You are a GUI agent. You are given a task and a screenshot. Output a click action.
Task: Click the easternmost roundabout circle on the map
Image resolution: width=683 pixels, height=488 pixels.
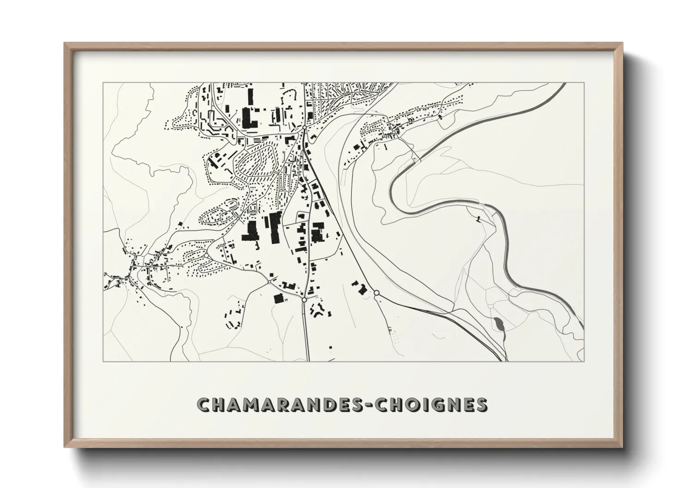tap(376, 292)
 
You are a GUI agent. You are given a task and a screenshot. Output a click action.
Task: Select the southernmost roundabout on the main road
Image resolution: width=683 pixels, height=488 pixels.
tap(304, 299)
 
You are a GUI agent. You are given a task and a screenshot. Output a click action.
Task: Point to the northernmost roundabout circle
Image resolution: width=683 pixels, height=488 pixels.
tap(305, 127)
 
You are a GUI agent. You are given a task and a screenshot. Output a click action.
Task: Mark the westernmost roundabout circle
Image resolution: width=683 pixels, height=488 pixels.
tap(269, 281)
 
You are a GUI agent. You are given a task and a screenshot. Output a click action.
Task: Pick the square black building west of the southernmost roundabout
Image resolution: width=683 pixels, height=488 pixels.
tap(278, 298)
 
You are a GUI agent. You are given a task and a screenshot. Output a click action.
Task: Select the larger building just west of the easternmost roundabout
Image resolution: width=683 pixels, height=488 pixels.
tap(362, 290)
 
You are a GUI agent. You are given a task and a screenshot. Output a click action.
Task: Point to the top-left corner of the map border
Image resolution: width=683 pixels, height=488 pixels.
tap(103, 83)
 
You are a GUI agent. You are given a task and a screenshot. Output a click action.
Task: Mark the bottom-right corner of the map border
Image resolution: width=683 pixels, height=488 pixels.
tap(584, 361)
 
